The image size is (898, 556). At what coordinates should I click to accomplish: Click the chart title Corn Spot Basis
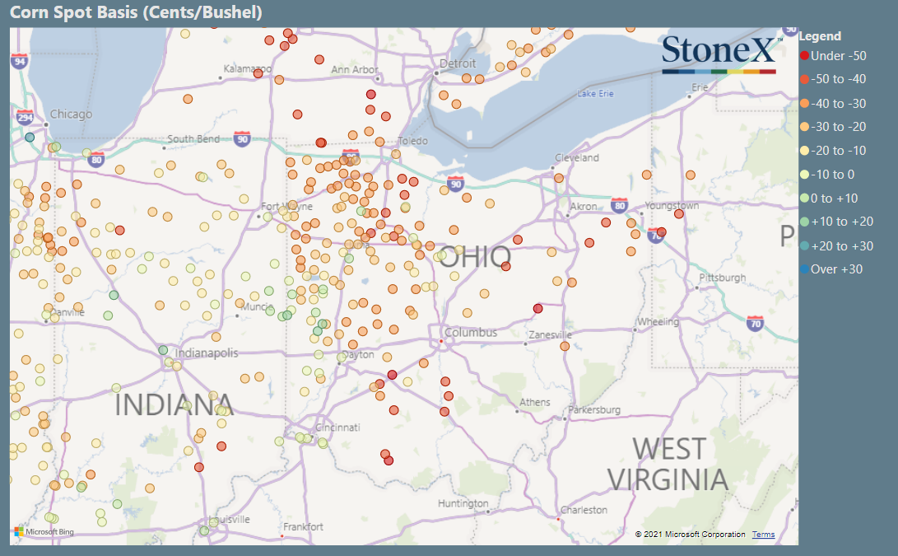[136, 12]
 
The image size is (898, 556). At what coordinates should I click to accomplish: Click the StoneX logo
[719, 52]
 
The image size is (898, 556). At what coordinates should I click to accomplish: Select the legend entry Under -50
[838, 55]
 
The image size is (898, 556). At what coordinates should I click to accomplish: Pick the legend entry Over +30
[836, 269]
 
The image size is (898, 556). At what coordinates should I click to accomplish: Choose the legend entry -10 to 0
[832, 174]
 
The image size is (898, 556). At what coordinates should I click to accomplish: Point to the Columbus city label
[471, 333]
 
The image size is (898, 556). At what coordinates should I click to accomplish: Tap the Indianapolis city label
[207, 353]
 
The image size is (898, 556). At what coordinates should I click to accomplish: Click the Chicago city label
[71, 114]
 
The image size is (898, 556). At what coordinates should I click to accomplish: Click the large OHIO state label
[474, 256]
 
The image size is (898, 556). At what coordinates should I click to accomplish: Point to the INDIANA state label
[174, 404]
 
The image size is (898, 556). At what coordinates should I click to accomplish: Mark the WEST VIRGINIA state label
[668, 464]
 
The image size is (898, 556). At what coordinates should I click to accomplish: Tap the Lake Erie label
[596, 93]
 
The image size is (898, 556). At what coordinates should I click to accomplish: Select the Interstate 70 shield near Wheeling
[756, 325]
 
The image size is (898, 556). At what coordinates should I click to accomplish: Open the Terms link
[763, 535]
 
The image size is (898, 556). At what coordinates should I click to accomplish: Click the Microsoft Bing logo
[44, 532]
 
